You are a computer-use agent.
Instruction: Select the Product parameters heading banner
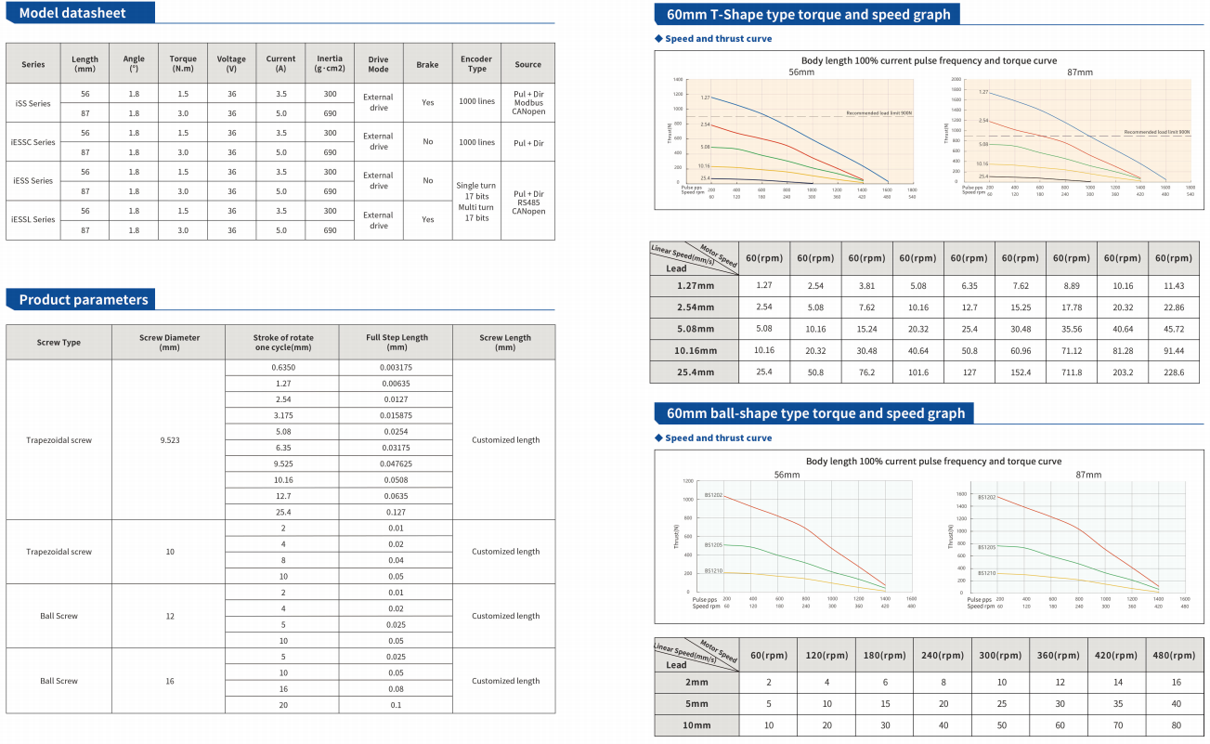click(83, 299)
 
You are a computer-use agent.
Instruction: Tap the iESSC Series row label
click(33, 142)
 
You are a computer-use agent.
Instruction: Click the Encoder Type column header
click(476, 63)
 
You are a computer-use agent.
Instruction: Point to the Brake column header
click(427, 64)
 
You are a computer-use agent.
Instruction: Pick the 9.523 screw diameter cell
click(169, 439)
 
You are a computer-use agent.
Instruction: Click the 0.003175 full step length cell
click(397, 367)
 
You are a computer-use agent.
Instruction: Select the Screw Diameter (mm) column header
click(169, 342)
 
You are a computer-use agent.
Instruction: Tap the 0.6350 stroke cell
click(283, 367)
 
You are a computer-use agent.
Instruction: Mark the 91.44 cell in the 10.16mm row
click(1172, 350)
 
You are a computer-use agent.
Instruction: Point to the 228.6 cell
click(1172, 372)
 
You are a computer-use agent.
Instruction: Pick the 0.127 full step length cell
click(397, 511)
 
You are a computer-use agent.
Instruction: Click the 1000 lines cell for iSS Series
click(476, 103)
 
